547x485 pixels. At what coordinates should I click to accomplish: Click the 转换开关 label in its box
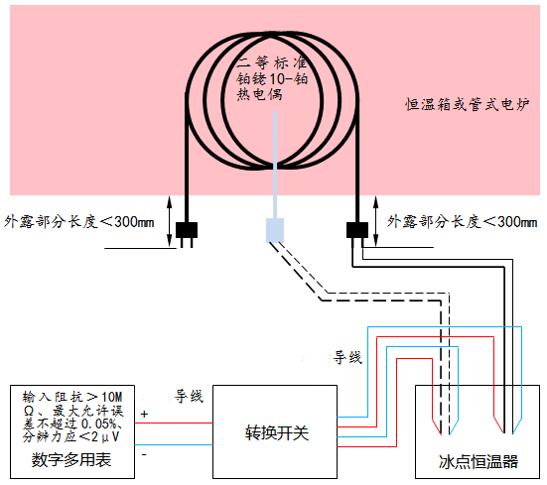point(275,432)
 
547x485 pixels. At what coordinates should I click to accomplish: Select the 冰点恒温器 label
point(478,462)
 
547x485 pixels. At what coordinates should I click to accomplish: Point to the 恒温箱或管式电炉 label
point(464,103)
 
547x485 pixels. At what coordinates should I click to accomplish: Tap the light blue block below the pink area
point(275,229)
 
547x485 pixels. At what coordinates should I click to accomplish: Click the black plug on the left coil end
point(187,232)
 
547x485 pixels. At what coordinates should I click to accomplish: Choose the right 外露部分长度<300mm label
point(464,221)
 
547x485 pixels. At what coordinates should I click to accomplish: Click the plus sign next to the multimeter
point(145,414)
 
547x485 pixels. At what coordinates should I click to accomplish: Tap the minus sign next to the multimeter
point(145,454)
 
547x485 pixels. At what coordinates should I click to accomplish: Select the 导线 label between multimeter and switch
point(189,397)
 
